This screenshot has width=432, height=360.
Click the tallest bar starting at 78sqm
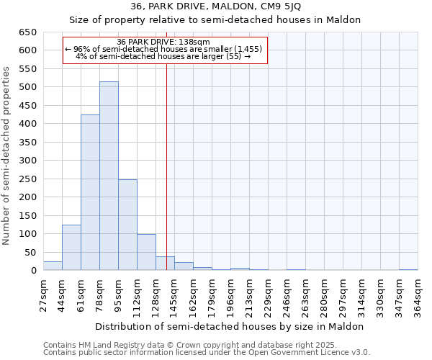(x=109, y=176)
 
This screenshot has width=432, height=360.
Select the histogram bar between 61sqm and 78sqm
(x=90, y=193)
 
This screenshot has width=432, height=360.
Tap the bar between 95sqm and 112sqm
(x=127, y=225)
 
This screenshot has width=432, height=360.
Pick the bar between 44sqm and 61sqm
(x=71, y=248)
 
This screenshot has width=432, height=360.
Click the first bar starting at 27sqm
(x=53, y=266)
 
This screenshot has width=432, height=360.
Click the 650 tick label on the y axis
(x=28, y=32)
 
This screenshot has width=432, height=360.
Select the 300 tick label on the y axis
(x=28, y=161)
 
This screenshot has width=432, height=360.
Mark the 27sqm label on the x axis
(x=43, y=296)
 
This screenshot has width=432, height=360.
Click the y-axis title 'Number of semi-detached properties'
(x=7, y=156)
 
